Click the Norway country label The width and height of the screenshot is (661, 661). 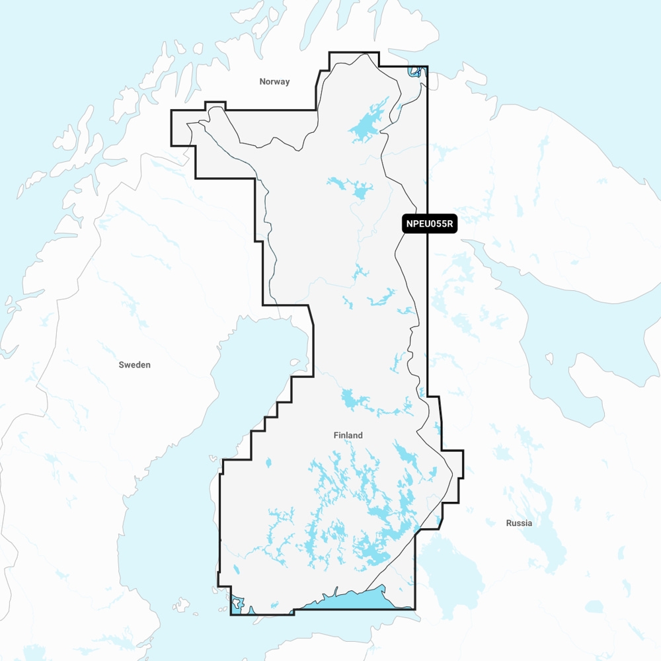pyautogui.click(x=274, y=82)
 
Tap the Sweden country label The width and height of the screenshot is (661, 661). pyautogui.click(x=134, y=365)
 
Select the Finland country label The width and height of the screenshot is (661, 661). pyautogui.click(x=348, y=436)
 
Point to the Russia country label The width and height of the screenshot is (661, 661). pyautogui.click(x=519, y=523)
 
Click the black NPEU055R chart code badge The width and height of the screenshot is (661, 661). pyautogui.click(x=430, y=224)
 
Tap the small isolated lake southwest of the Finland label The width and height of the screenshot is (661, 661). pyautogui.click(x=268, y=463)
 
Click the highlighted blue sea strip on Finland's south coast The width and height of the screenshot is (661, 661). pyautogui.click(x=357, y=599)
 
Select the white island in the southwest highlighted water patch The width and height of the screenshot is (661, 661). pyautogui.click(x=237, y=602)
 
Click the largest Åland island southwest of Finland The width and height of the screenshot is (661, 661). pyautogui.click(x=180, y=604)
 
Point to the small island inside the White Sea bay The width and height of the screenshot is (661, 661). pyautogui.click(x=549, y=359)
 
